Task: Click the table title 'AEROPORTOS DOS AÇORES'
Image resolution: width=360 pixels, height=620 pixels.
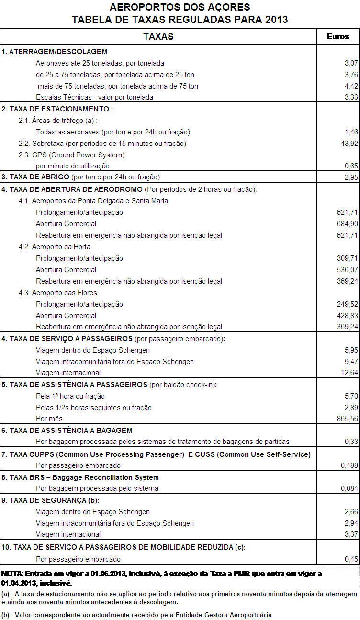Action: point(180,8)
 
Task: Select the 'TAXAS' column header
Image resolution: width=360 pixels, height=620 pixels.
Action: point(158,36)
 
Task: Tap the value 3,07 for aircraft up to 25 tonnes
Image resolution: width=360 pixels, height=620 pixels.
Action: point(351,63)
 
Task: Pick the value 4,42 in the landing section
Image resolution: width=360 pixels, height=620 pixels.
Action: point(351,86)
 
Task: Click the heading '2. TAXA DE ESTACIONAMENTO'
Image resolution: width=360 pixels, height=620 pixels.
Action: point(57,109)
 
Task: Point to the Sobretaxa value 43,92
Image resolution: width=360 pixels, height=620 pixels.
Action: point(348,144)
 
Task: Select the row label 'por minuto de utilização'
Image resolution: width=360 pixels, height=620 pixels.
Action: point(73,166)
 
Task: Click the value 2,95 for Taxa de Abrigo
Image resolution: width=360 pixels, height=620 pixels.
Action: point(351,177)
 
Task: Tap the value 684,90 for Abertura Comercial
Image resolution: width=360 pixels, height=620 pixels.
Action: point(347,224)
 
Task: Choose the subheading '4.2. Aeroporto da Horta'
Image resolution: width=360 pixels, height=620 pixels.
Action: point(55,247)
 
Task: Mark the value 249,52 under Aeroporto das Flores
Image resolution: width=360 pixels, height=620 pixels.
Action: point(347,304)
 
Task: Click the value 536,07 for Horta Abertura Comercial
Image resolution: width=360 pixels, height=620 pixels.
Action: point(347,270)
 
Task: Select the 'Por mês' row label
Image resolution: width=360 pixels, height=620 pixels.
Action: point(49,419)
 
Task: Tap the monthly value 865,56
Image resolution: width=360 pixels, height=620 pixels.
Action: point(347,419)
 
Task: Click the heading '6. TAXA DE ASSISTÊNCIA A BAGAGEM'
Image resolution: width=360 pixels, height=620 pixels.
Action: point(67,431)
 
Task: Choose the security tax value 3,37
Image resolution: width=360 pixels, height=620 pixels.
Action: point(351,534)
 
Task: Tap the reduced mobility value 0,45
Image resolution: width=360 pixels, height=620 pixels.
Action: point(351,559)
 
